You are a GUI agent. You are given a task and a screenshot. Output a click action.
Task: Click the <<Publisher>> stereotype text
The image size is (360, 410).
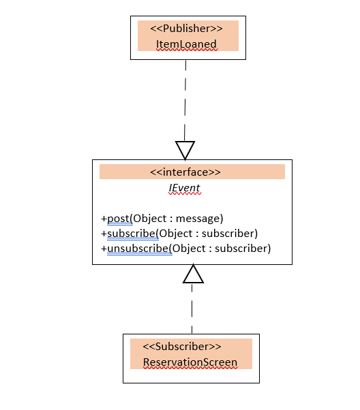click(x=186, y=28)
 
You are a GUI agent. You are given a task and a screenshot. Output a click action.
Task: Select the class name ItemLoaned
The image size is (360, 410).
click(x=186, y=44)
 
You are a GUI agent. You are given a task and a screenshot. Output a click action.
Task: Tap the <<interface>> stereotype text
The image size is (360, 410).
click(x=185, y=172)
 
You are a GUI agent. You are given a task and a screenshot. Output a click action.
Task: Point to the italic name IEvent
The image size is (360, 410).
click(x=184, y=188)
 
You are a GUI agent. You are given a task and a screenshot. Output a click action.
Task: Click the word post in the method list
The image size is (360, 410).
click(x=119, y=219)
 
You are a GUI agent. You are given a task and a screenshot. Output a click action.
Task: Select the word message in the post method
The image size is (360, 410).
click(x=199, y=219)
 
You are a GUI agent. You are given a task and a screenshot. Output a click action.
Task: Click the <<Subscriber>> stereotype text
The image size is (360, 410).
click(x=182, y=347)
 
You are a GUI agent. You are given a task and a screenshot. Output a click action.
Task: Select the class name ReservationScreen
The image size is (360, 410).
click(x=190, y=362)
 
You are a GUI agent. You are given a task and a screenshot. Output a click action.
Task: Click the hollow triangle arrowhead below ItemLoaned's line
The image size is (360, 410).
click(x=185, y=151)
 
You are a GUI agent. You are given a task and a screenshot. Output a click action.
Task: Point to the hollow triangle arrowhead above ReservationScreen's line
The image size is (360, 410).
click(x=193, y=274)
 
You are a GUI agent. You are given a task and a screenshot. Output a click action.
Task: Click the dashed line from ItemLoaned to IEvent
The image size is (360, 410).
click(x=185, y=101)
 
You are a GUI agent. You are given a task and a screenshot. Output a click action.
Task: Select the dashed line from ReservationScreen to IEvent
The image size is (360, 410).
click(x=192, y=309)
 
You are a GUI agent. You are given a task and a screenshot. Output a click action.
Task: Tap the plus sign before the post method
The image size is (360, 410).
click(x=104, y=219)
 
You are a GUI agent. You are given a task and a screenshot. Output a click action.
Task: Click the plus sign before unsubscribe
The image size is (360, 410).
click(x=104, y=249)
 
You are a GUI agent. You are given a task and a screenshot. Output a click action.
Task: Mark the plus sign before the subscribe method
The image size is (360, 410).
click(x=104, y=234)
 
